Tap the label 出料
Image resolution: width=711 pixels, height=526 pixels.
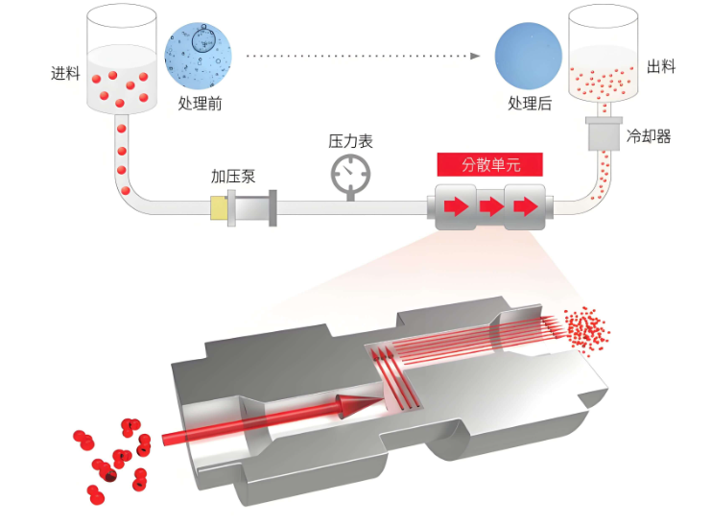pos(661,66)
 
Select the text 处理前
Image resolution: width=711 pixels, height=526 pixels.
pos(200,104)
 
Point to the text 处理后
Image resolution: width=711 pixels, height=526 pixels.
pos(529,104)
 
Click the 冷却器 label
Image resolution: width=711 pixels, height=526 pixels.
pos(649,136)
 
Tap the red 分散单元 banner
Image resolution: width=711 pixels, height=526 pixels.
pos(490,164)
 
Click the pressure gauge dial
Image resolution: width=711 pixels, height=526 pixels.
pos(350,173)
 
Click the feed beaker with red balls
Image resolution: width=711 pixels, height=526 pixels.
pos(122,62)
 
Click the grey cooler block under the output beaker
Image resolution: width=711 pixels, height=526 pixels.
pos(603,134)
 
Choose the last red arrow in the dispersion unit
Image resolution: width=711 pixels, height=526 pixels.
pos(525,206)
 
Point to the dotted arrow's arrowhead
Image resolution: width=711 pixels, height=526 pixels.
pos(475,56)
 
